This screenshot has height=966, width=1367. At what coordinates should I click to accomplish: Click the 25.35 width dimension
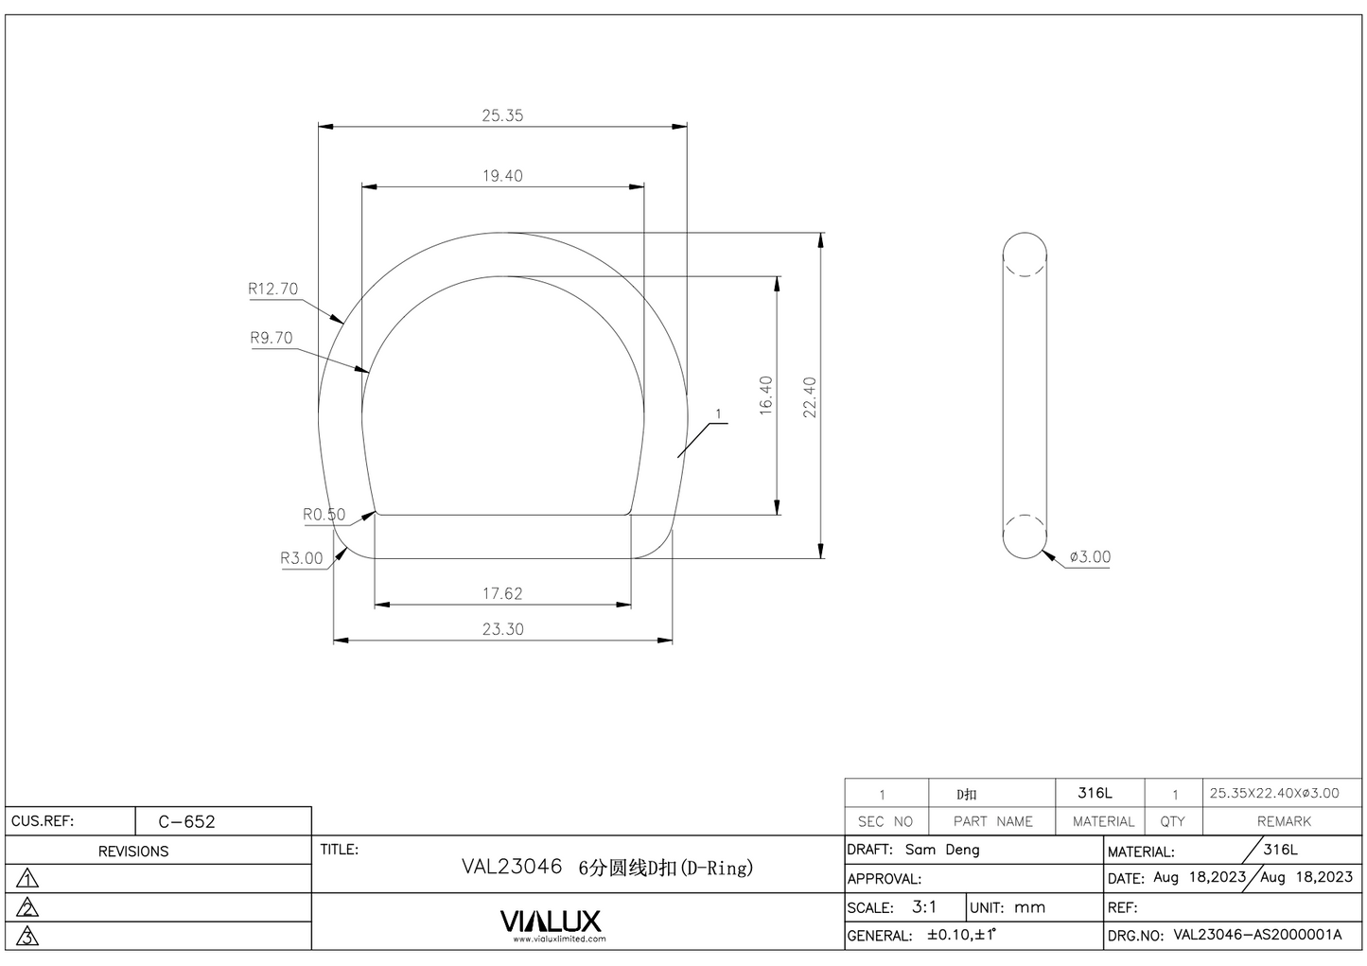[x=501, y=115]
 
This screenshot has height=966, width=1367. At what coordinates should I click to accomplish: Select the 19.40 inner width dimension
[x=501, y=176]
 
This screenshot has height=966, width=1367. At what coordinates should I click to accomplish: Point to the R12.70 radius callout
[x=272, y=290]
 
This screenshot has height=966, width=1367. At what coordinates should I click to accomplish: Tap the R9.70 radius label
[x=272, y=338]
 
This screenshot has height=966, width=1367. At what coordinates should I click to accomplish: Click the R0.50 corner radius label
[x=324, y=515]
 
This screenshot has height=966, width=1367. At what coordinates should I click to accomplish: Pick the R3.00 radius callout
[x=301, y=558]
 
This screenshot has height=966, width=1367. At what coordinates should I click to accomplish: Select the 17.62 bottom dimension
[x=501, y=594]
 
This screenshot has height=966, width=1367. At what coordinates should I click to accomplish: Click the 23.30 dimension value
[x=501, y=629]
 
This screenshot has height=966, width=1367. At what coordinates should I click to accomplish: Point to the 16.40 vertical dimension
[x=765, y=395]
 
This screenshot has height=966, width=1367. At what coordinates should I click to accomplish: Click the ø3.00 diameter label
[x=1090, y=557]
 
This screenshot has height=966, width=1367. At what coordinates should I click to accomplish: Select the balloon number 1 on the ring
[x=718, y=414]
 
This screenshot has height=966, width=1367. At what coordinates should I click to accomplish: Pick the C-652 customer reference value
[x=186, y=821]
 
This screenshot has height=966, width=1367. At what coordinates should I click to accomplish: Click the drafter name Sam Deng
[x=942, y=850]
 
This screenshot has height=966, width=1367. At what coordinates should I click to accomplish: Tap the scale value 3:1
[x=924, y=906]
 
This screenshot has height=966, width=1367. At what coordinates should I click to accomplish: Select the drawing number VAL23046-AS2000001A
[x=1257, y=935]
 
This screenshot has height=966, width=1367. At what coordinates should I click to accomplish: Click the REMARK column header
[x=1283, y=821]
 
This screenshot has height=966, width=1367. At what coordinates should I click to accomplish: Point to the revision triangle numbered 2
[x=28, y=907]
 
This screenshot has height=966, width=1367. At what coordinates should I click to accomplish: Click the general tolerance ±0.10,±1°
[x=961, y=935]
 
